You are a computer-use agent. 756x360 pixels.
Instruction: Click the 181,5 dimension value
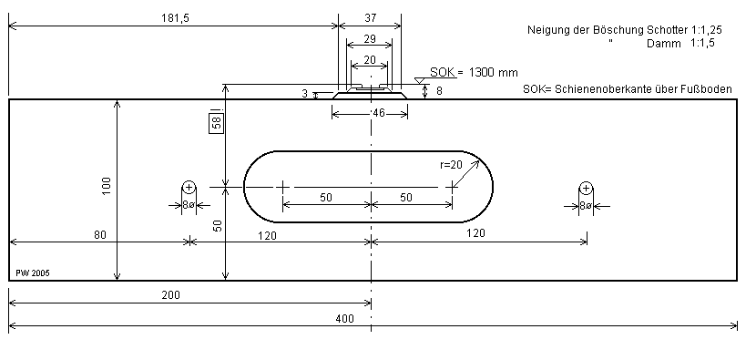point(175,18)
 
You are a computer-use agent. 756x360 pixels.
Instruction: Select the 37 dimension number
point(371,18)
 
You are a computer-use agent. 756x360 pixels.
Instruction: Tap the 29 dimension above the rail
point(370,38)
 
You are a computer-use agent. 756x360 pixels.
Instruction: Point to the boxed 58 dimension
point(217,123)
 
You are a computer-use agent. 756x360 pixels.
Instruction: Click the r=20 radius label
point(451,165)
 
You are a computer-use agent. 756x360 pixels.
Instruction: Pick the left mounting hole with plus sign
point(189,187)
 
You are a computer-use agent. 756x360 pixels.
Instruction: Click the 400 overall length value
point(344,318)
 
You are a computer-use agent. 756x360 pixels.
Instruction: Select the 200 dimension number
point(170,295)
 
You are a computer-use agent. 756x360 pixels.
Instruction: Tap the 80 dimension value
point(100,234)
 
